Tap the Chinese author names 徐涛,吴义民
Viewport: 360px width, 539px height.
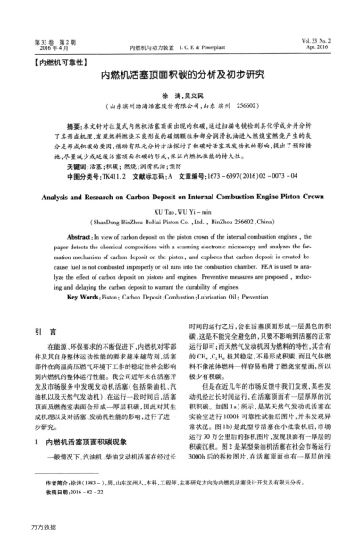[x=180, y=97]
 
